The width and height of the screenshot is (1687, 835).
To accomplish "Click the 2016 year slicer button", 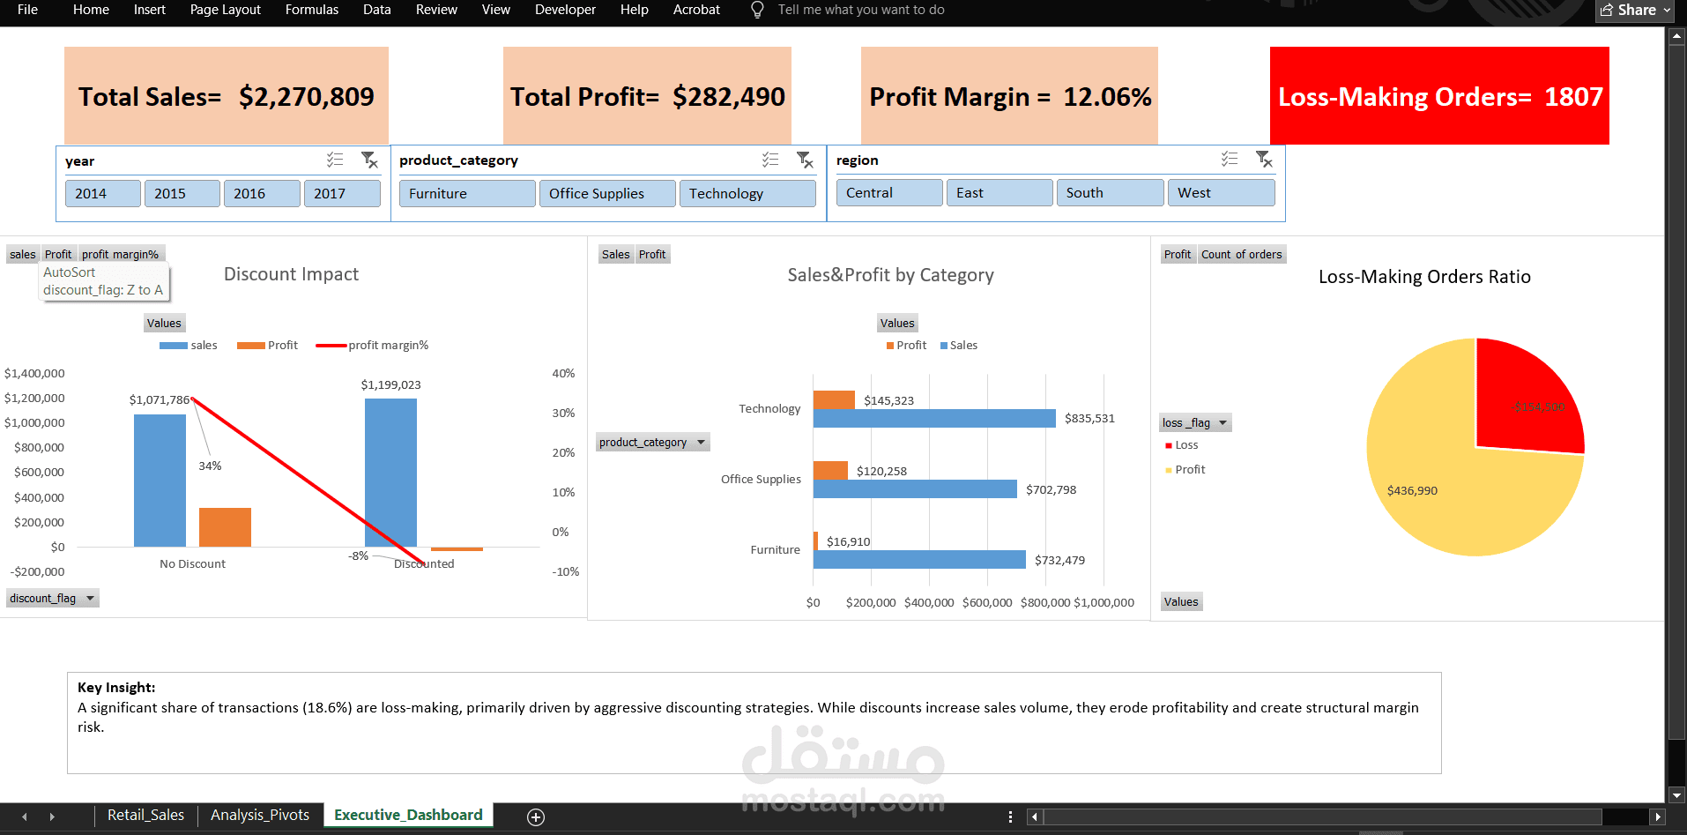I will (x=261, y=194).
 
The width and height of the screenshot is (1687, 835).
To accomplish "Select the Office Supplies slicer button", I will (x=606, y=194).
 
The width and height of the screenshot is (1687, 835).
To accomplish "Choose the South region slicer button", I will (x=1109, y=193).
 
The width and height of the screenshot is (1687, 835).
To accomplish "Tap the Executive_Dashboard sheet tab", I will (x=408, y=815).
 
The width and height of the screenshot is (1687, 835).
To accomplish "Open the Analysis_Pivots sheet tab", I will (x=260, y=815).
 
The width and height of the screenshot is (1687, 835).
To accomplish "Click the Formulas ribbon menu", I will (x=311, y=10).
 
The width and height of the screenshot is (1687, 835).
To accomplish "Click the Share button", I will (x=1635, y=10).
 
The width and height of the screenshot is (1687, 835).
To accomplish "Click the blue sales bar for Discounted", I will (x=390, y=472).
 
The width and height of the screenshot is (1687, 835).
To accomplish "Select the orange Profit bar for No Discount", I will (x=225, y=527).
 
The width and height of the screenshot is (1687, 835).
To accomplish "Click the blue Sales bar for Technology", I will (x=934, y=418).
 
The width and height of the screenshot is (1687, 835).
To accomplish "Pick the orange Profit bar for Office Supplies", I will (x=830, y=470).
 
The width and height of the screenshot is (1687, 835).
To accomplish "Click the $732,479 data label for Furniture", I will (x=1059, y=560).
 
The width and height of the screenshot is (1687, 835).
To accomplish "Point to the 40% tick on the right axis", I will (x=563, y=374).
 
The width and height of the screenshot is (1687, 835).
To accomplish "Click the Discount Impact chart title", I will (x=291, y=274).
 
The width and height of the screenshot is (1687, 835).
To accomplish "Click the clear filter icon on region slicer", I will (x=1264, y=160).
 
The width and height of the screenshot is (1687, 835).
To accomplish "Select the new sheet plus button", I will (x=535, y=816).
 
